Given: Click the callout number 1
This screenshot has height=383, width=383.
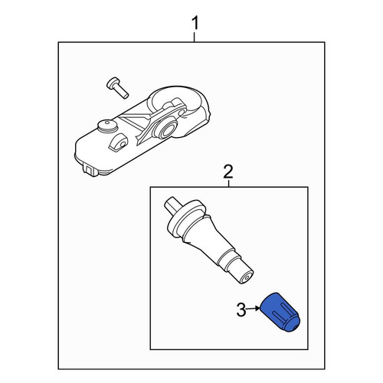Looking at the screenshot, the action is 195,23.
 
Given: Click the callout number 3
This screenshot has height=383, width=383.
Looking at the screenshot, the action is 241,309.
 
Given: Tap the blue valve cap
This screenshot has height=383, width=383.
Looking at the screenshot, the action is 280,313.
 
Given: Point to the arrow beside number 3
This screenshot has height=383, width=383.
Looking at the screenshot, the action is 253,309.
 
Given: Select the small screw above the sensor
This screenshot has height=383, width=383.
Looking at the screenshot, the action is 117,87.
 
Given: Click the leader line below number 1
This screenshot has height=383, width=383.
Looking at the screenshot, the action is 195,37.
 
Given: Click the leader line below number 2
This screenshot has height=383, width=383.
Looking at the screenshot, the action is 228,183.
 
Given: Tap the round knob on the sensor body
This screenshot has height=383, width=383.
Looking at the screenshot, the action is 107,126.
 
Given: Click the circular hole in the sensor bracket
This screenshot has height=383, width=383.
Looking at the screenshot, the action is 169,129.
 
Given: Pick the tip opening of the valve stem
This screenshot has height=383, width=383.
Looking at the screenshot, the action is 247,277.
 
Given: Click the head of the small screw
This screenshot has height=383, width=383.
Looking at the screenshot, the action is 113,83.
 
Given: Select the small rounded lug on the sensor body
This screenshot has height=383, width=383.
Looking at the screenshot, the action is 118,143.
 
